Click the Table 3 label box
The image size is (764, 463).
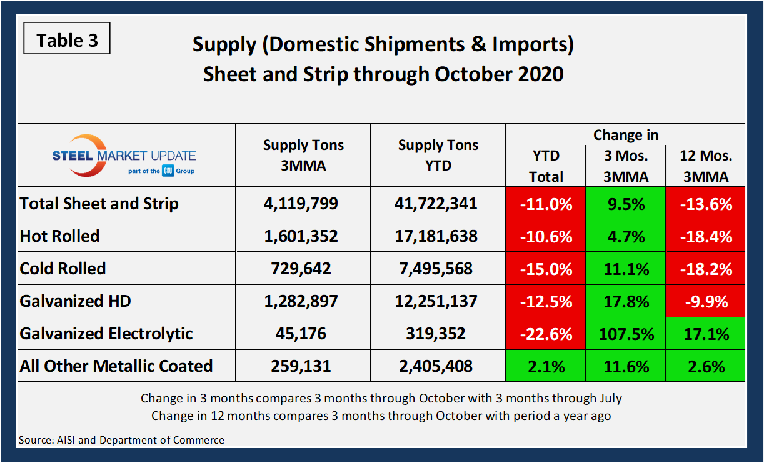coord(67,41)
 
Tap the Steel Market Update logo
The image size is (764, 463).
coord(127,154)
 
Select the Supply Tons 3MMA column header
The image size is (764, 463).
coord(303,154)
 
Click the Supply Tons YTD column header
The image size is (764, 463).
coord(438,155)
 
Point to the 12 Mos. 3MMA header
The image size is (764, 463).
coord(705,166)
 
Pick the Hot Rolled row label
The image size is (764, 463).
coord(60,236)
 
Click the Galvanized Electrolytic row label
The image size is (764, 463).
coord(106,334)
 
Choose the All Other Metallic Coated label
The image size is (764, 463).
coord(116,366)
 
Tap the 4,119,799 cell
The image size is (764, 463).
coord(303,204)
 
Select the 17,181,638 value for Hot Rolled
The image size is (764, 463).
coord(438,236)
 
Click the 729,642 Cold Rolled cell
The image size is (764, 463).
coord(303,269)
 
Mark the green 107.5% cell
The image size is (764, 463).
coord(626,334)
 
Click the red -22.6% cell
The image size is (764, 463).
coord(546,334)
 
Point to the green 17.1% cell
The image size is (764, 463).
coord(705,334)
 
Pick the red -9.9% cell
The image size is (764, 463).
coord(705,301)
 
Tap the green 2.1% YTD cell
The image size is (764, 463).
coord(546,366)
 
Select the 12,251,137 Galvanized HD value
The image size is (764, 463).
coord(438,301)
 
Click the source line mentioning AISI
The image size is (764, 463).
coord(121,440)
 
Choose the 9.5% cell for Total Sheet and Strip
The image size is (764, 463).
coord(626,204)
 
